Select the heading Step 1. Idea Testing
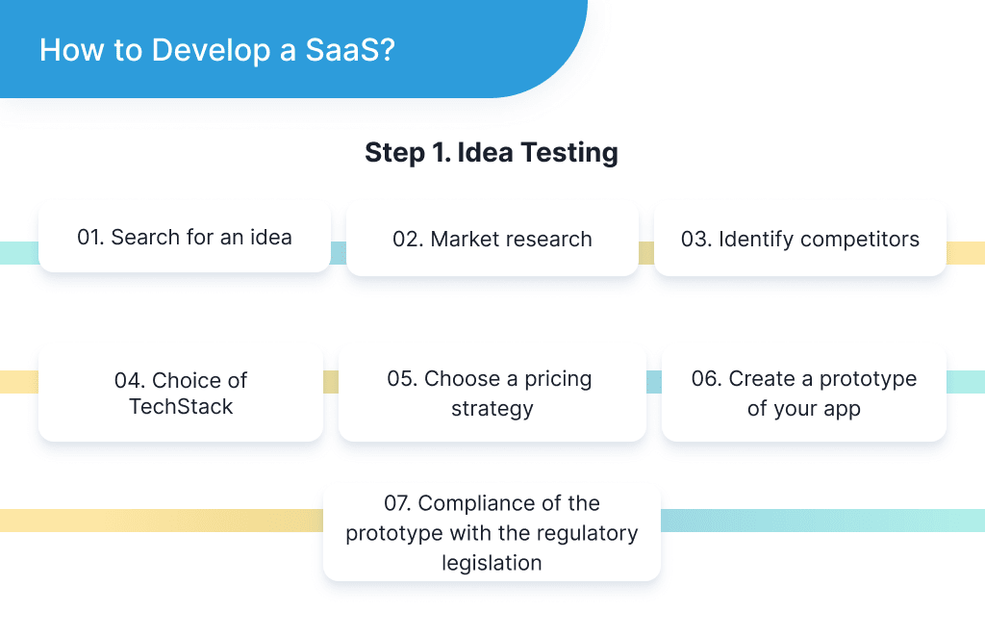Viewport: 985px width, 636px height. tap(491, 152)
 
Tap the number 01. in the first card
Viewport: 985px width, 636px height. tap(90, 237)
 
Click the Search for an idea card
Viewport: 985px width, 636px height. tap(185, 237)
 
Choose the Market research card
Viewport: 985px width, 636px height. tap(492, 240)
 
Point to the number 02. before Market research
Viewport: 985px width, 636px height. tap(408, 240)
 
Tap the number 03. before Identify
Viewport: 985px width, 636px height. tap(695, 240)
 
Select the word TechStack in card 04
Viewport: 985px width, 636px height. tap(181, 407)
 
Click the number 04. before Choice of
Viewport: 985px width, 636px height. tap(130, 380)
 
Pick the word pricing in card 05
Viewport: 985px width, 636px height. tap(558, 379)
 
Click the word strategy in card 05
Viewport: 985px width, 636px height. tap(492, 408)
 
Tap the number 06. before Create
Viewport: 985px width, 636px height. tap(706, 379)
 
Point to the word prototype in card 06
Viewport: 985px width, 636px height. tap(870, 379)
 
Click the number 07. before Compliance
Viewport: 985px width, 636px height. tap(398, 503)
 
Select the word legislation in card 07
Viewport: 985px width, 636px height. tap(492, 562)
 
